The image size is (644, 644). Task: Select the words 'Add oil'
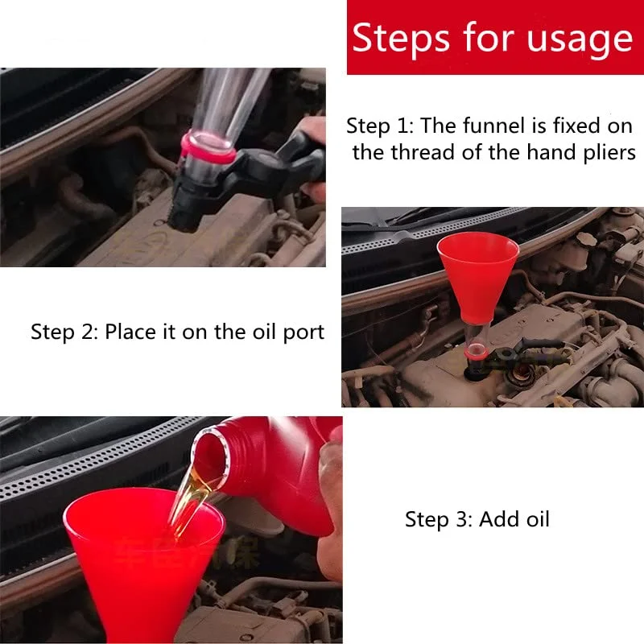(x=514, y=519)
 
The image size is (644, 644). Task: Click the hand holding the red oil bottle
(x=330, y=499)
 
